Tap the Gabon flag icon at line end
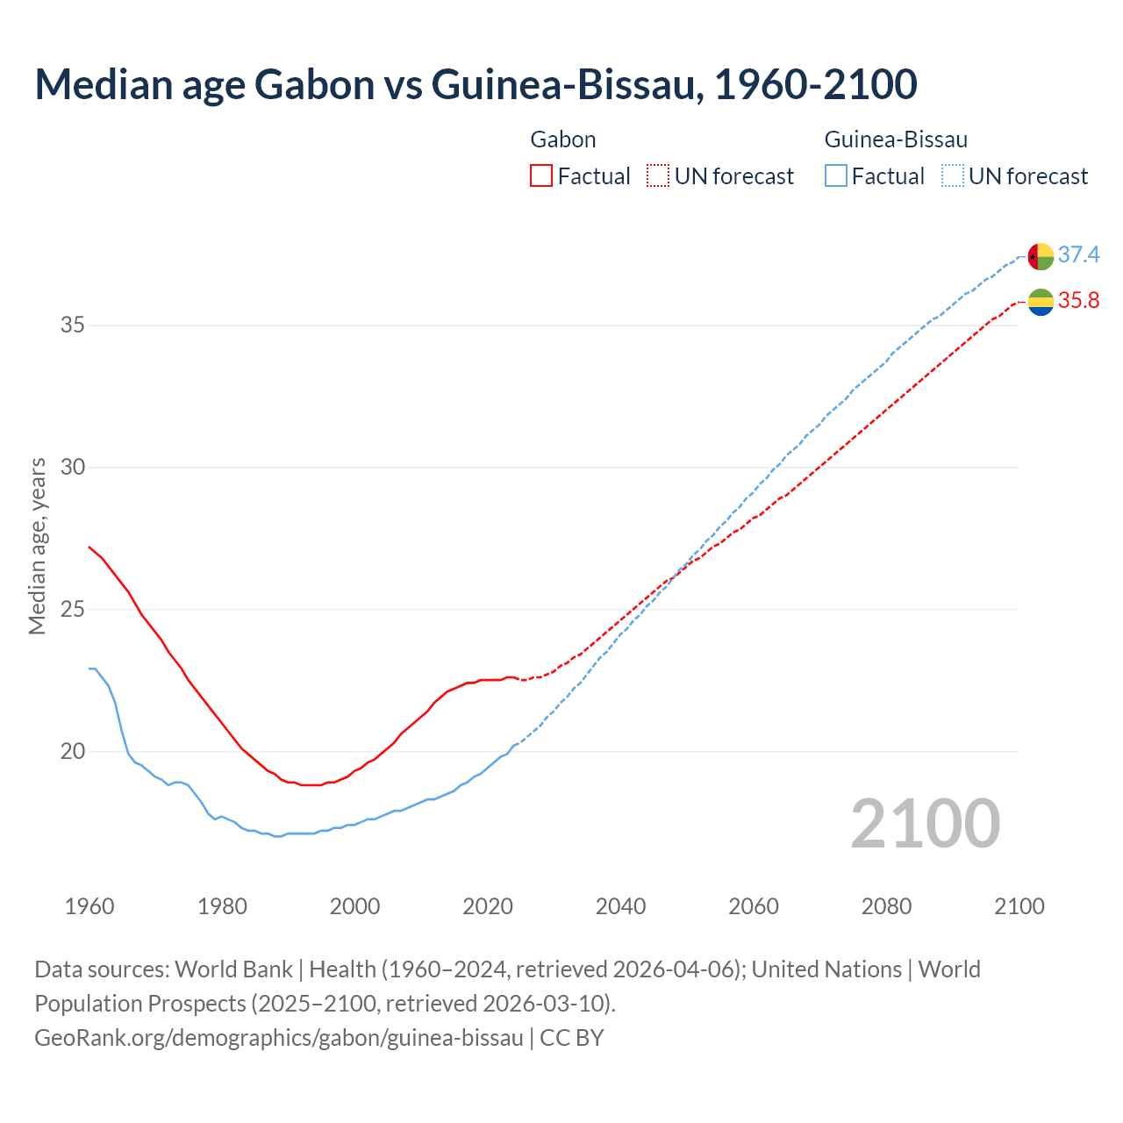(x=1041, y=301)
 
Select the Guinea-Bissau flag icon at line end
(x=1041, y=256)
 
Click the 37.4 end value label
(x=1078, y=254)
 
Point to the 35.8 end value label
(x=1078, y=301)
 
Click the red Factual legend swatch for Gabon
(x=541, y=175)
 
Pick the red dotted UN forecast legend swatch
(x=658, y=175)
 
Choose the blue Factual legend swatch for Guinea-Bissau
(x=836, y=175)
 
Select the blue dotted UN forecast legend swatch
(x=953, y=175)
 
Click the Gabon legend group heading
(x=563, y=139)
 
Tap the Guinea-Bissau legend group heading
(x=896, y=139)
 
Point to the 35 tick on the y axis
(x=73, y=325)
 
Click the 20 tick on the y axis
(x=73, y=751)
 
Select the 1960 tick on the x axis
(x=89, y=906)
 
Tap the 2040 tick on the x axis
(x=620, y=906)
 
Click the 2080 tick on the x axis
(x=886, y=906)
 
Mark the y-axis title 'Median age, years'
(x=38, y=546)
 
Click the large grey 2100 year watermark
(x=925, y=823)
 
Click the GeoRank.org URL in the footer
(x=279, y=1038)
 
